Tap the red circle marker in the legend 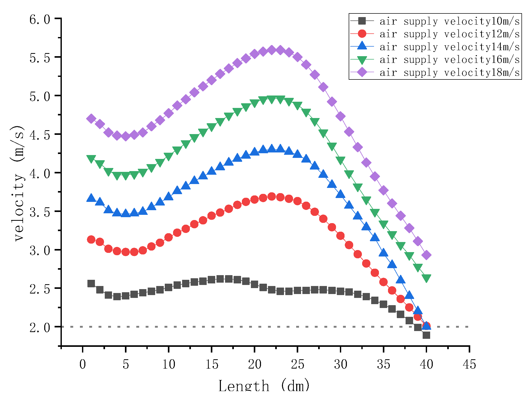pos(362,34)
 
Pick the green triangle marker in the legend pos(362,60)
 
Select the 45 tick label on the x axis pos(469,364)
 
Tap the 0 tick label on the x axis pos(83,364)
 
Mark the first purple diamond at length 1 pos(91,119)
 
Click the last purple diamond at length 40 pos(426,255)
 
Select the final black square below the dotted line pos(426,335)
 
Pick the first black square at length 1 pos(91,283)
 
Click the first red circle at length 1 pos(91,239)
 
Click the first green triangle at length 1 pos(91,159)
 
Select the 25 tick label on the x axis pos(297,364)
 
